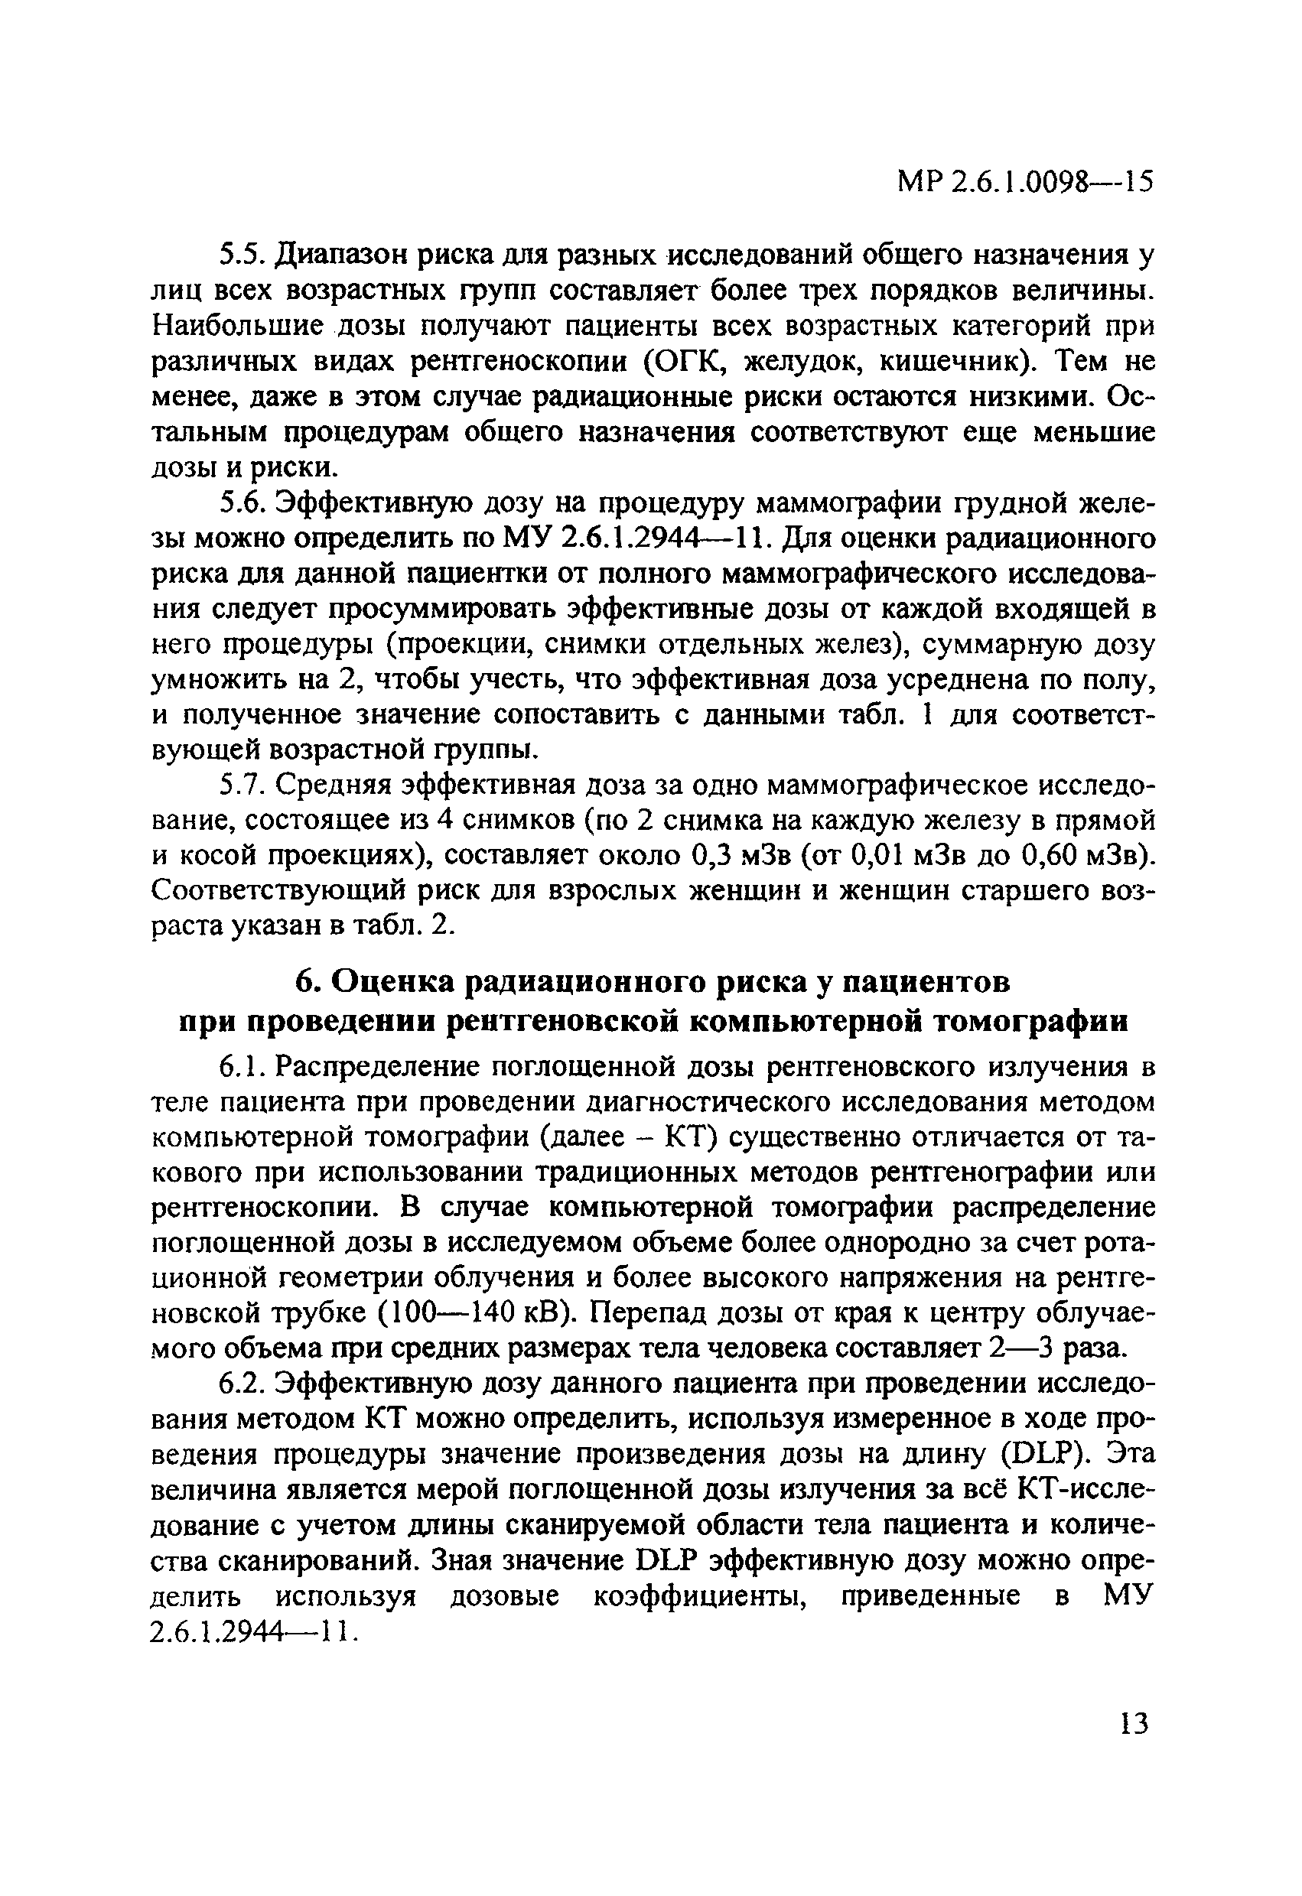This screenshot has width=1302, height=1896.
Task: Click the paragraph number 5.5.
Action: (241, 256)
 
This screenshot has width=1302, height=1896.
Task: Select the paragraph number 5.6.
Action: (242, 505)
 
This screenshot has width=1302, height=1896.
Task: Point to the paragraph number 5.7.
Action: (242, 785)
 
